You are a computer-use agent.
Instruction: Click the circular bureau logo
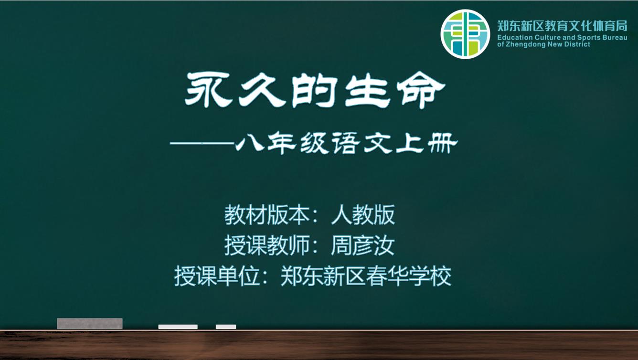tap(466, 34)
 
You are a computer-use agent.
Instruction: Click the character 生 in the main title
tap(367, 89)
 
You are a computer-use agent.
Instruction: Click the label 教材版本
tap(267, 215)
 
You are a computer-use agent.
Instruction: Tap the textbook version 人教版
tap(363, 215)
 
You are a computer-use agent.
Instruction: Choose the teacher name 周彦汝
tap(362, 245)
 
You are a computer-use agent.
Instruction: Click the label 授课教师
tap(267, 245)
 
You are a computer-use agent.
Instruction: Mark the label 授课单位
tap(217, 276)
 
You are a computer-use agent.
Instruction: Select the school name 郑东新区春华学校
tap(366, 276)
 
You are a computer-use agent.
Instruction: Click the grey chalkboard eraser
tap(90, 324)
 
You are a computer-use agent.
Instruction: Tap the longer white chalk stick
tap(178, 327)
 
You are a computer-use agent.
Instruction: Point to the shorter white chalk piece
tap(226, 327)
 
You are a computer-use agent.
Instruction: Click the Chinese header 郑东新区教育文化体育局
tap(562, 26)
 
